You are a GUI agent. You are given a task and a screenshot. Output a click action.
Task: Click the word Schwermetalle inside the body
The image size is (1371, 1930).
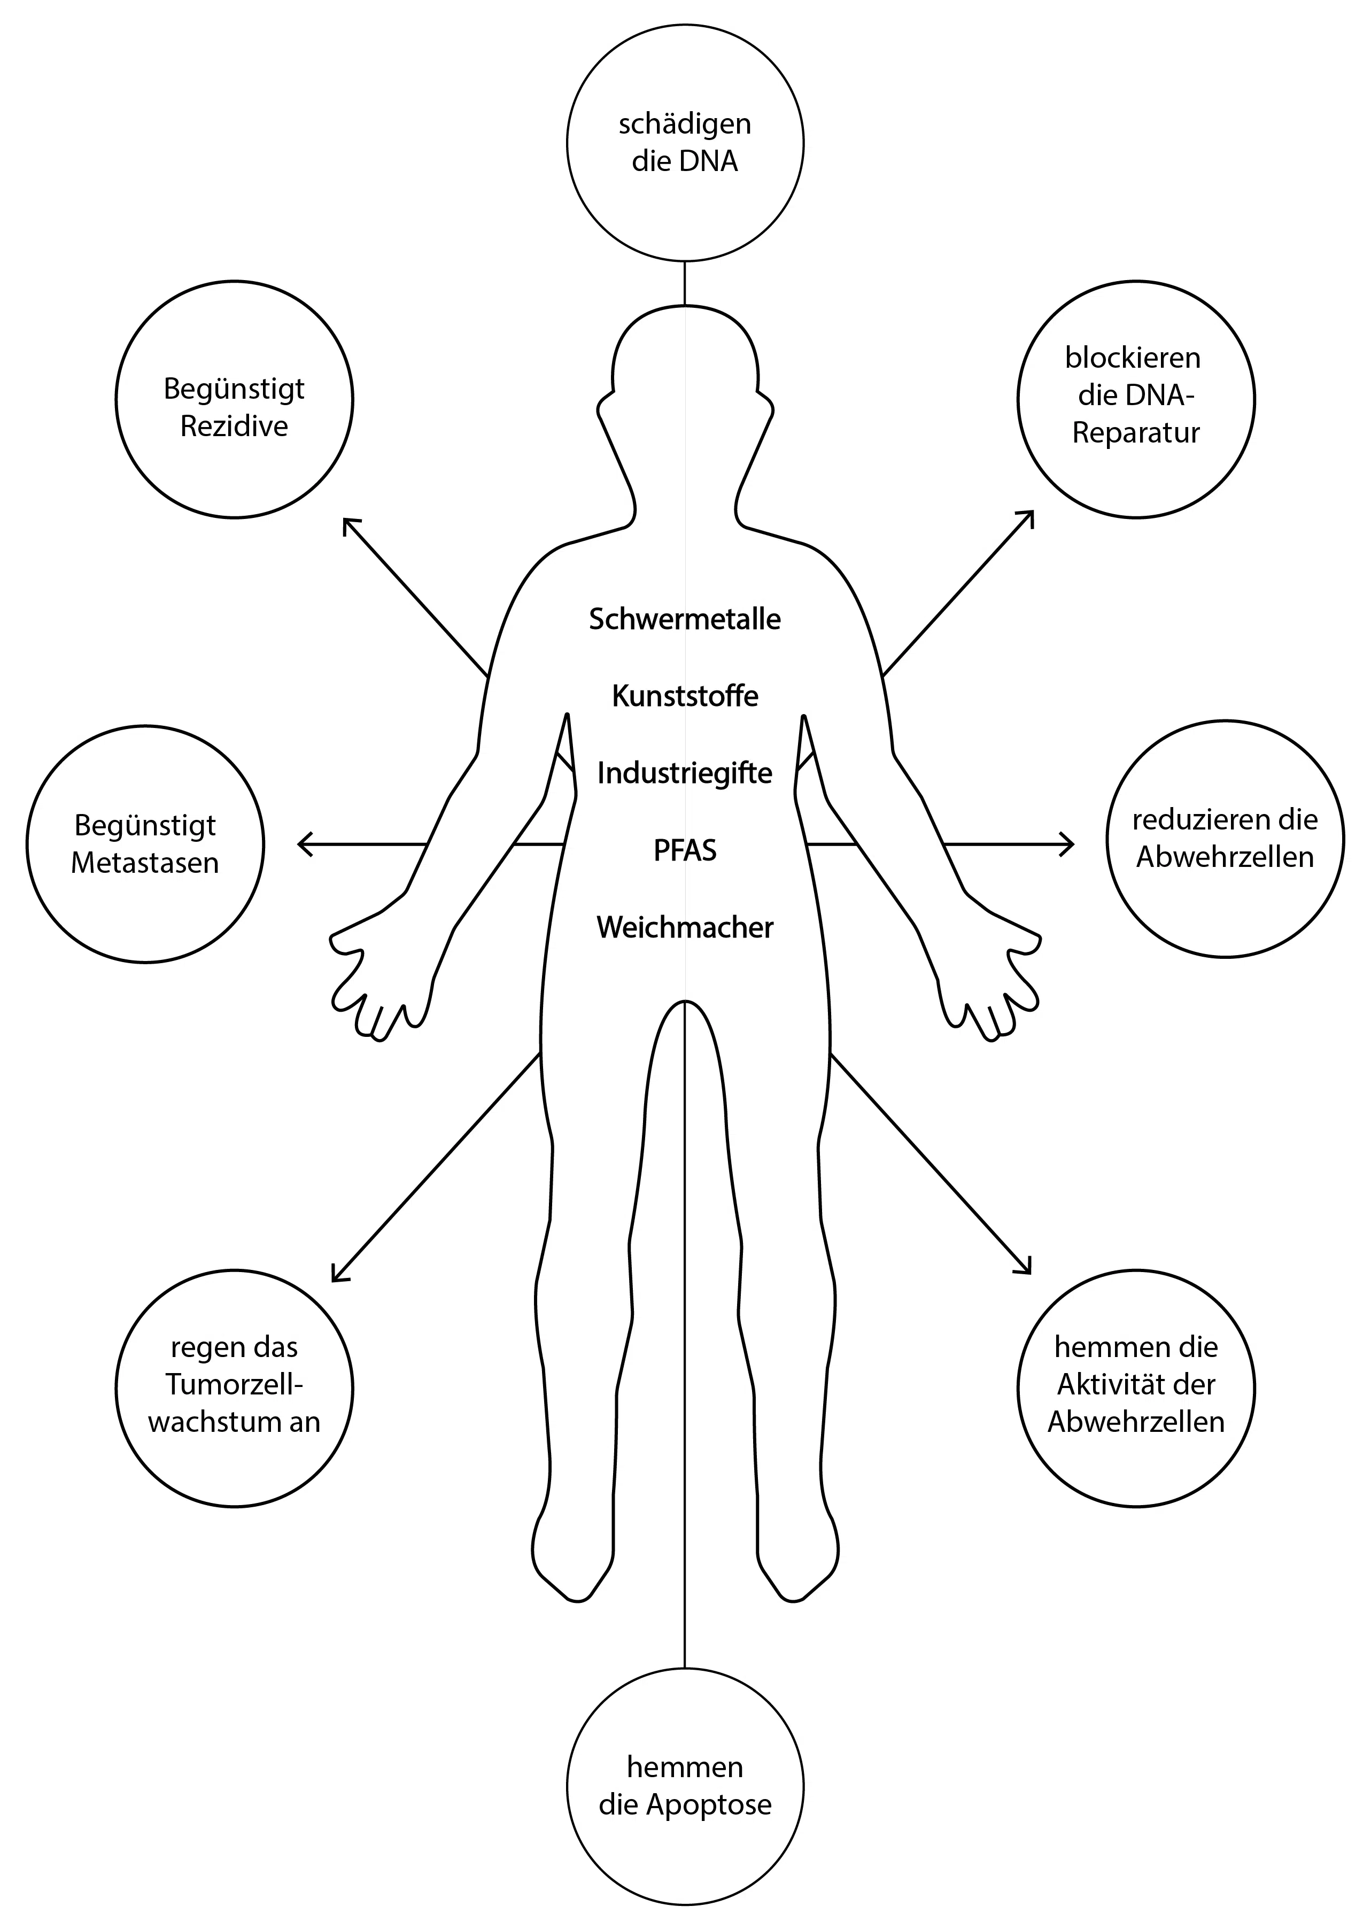tap(685, 619)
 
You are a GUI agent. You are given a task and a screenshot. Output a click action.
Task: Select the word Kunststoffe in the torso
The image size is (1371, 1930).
tap(685, 696)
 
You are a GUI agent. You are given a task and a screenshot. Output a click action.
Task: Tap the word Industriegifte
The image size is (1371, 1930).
tap(685, 772)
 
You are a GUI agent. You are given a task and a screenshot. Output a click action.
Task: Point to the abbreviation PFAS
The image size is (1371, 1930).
tap(685, 850)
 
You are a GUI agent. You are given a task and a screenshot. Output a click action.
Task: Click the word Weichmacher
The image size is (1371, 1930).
tap(685, 927)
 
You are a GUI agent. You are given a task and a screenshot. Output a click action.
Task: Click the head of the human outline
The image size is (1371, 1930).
tap(685, 354)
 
